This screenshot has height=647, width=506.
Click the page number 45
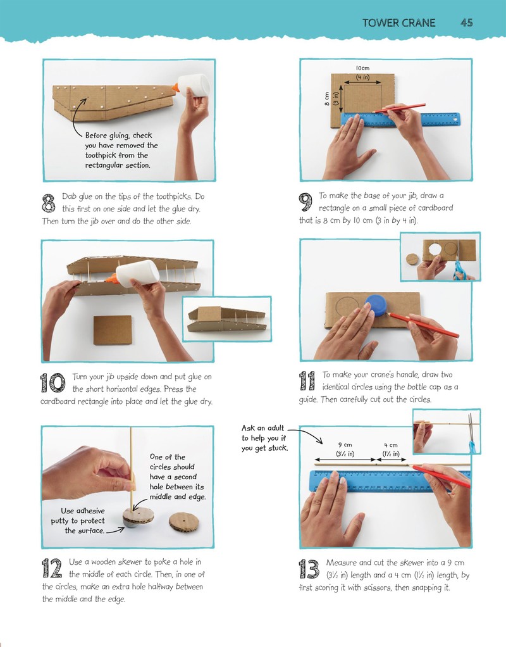click(x=466, y=23)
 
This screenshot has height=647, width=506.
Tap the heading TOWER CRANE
click(x=398, y=23)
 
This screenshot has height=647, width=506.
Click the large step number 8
click(x=49, y=203)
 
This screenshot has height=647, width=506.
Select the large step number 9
click(x=305, y=203)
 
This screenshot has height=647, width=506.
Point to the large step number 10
click(x=52, y=382)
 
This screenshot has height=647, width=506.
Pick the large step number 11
click(x=307, y=381)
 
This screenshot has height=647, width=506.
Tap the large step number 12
click(x=52, y=568)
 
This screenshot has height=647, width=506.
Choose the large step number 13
click(x=309, y=569)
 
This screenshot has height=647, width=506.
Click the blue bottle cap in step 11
click(x=376, y=305)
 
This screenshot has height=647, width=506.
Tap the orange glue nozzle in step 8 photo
click(x=176, y=87)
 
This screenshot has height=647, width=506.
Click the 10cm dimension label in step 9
click(x=362, y=68)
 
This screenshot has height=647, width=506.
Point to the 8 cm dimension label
click(x=326, y=99)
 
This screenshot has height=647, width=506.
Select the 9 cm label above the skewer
click(x=345, y=445)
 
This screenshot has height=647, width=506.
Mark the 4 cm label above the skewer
click(x=390, y=445)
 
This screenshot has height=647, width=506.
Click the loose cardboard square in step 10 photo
click(x=113, y=330)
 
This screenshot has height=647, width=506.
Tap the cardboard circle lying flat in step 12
click(x=183, y=522)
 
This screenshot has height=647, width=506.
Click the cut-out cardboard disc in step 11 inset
click(x=412, y=260)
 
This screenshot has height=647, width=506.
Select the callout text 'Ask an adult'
click(x=262, y=428)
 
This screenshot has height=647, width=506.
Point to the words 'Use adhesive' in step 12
click(x=82, y=511)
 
